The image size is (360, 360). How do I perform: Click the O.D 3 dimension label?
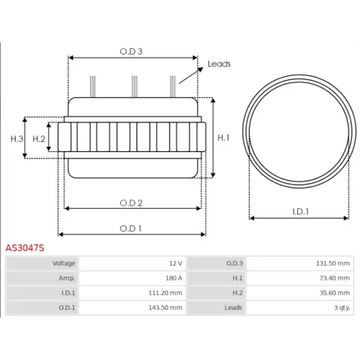[131, 51]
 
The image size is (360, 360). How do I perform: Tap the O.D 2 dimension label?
[131, 203]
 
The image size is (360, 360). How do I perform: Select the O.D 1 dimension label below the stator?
[130, 228]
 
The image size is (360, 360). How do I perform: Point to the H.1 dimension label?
[223, 138]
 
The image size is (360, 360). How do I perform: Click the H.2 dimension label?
[39, 139]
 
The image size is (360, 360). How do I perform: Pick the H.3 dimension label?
[17, 139]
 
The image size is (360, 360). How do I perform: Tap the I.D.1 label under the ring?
[300, 212]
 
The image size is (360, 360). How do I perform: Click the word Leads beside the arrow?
[219, 64]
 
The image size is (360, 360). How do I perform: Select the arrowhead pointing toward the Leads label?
[200, 70]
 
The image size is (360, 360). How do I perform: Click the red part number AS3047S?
[25, 248]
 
